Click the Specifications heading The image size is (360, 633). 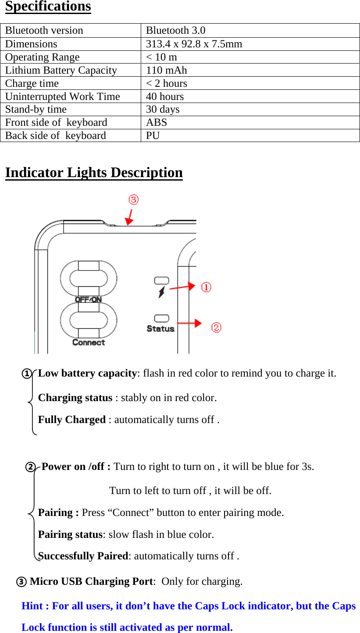(x=48, y=7)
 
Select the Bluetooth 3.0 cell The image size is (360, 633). (x=175, y=31)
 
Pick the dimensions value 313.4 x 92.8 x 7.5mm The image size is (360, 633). (x=194, y=44)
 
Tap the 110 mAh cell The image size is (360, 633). (x=166, y=70)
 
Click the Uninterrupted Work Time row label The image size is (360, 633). (x=62, y=96)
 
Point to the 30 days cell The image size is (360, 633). (x=162, y=109)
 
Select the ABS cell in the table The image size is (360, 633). (x=157, y=122)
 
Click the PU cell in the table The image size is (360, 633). (x=153, y=135)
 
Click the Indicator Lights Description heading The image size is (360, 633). (x=94, y=172)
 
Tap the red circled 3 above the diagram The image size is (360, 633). (x=133, y=200)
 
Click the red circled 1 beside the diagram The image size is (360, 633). (x=206, y=287)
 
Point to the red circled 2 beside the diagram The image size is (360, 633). (x=216, y=327)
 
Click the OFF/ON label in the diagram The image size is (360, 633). (x=88, y=300)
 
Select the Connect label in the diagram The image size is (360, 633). (x=89, y=342)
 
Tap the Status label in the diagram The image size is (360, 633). (x=160, y=328)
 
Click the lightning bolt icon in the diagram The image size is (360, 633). (x=162, y=292)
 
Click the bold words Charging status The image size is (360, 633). (x=75, y=398)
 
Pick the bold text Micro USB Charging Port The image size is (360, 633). (x=92, y=581)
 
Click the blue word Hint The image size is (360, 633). (x=32, y=606)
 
